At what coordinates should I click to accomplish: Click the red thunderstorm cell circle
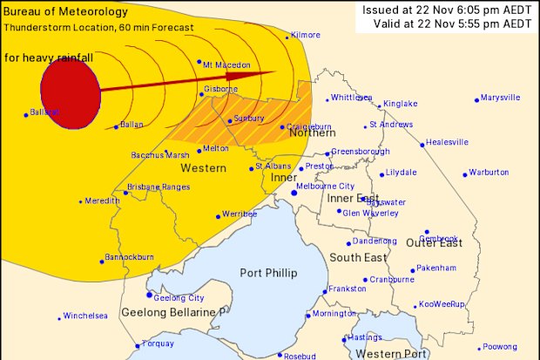coord(68,93)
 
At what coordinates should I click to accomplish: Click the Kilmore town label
coord(306,34)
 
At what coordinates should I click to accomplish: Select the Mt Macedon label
coord(226,65)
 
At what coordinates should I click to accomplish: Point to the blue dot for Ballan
coord(116,126)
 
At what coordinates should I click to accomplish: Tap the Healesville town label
coord(448,142)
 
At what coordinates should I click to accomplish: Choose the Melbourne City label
coord(326,187)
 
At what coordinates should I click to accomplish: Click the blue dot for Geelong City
coord(150,295)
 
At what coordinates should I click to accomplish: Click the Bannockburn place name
coord(130,257)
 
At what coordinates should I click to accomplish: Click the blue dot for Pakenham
coord(414,268)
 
